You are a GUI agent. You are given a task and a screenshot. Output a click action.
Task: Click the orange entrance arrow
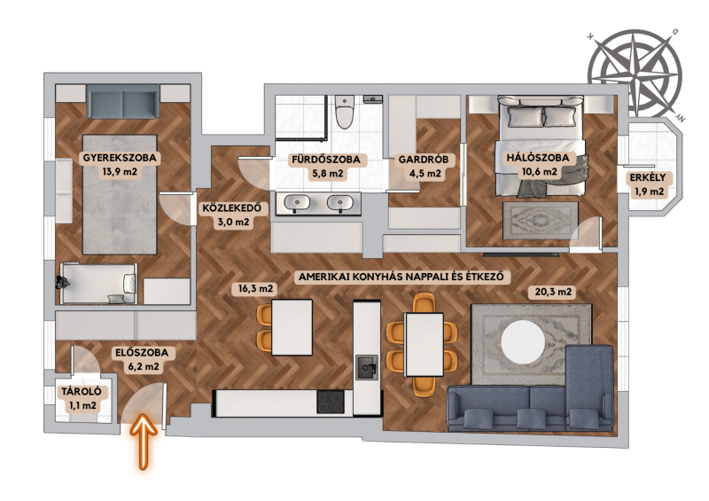tap(144, 442)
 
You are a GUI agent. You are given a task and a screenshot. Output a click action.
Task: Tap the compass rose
tap(635, 74)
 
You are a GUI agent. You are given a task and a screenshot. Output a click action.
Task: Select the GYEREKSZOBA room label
tap(120, 158)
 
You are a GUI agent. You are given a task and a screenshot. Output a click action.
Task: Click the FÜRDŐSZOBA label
tap(326, 160)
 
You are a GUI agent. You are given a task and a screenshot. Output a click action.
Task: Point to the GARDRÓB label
tap(424, 160)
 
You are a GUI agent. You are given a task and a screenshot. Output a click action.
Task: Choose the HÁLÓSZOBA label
tap(538, 158)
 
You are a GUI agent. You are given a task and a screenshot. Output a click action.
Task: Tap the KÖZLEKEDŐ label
tap(231, 208)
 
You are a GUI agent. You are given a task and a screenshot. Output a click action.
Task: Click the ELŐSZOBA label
tap(142, 353)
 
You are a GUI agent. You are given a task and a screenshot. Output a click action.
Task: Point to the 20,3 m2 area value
tap(552, 292)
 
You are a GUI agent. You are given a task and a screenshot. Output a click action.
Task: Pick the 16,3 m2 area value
tap(255, 288)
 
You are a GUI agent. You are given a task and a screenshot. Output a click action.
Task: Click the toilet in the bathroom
tap(345, 112)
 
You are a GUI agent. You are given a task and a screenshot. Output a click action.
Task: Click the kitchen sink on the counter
tap(366, 367)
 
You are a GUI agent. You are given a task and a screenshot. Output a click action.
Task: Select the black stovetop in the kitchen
tap(331, 402)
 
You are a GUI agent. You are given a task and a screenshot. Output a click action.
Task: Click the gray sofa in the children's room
tap(122, 101)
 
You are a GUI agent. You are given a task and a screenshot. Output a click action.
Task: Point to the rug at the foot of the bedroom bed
tap(541, 220)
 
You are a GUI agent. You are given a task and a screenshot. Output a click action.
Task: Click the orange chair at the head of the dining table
tap(424, 302)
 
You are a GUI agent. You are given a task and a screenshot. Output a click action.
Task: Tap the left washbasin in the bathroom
tap(297, 202)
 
